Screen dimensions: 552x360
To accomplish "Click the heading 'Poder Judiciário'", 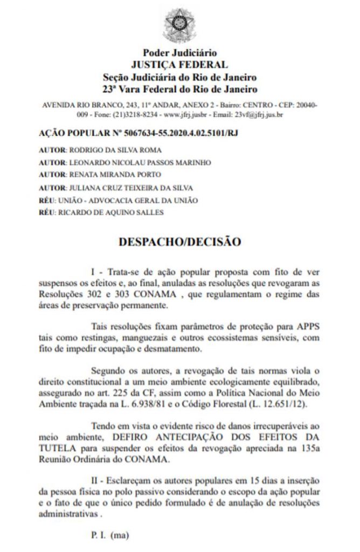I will tap(179, 53).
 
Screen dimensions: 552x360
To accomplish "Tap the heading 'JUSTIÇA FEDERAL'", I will tap(179, 65).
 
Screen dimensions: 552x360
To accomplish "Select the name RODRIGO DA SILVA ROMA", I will tap(115, 150).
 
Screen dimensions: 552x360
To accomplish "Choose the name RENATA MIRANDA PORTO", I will tap(111, 175).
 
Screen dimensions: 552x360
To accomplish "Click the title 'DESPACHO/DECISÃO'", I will tap(179, 241).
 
